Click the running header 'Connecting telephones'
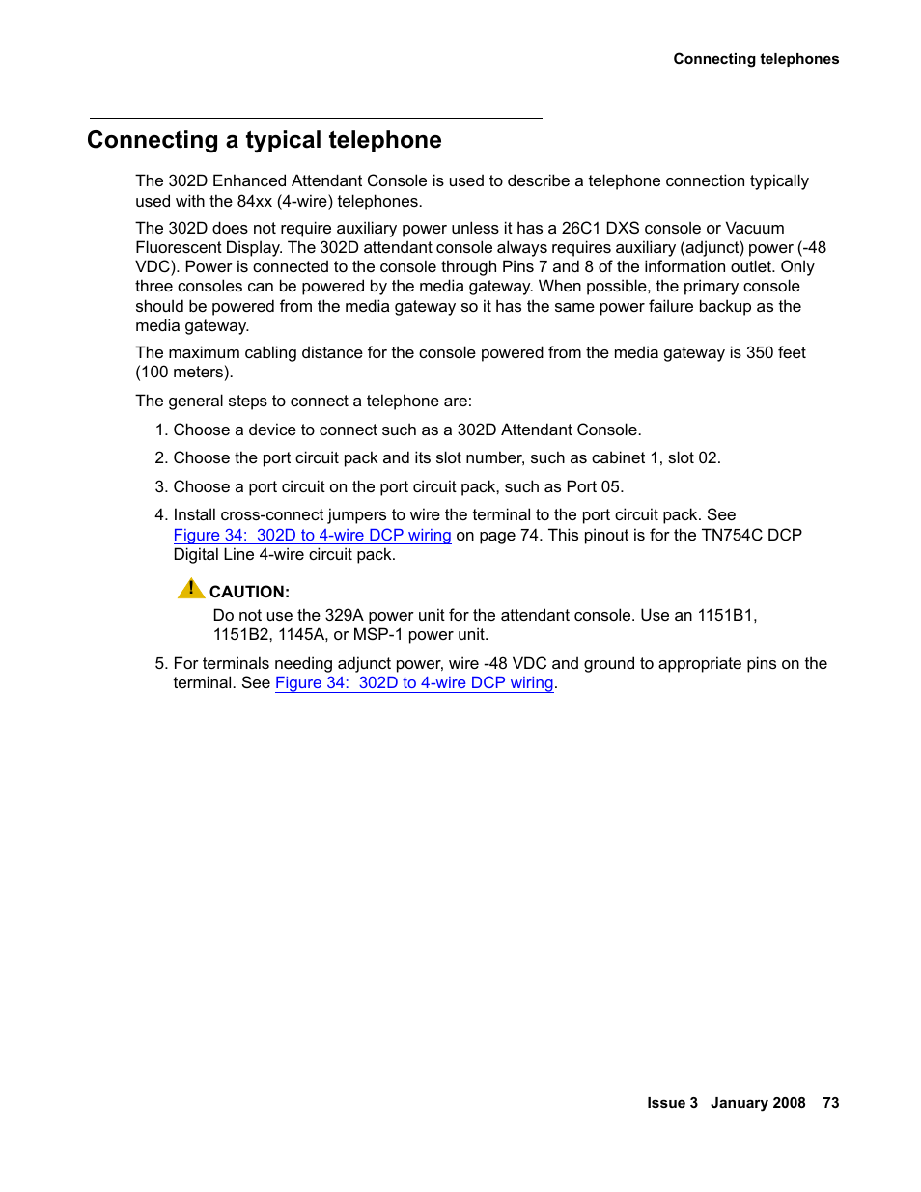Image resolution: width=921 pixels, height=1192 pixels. [x=756, y=59]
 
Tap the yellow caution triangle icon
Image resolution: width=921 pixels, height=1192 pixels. [x=191, y=589]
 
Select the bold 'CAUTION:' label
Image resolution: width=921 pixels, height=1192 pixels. [x=249, y=592]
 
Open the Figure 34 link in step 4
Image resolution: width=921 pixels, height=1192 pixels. [x=312, y=535]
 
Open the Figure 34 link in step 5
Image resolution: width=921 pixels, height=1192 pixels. [x=414, y=682]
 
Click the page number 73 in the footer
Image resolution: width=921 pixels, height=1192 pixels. [x=830, y=1103]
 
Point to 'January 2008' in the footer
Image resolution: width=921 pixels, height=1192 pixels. [x=758, y=1103]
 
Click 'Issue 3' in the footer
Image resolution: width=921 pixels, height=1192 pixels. [x=672, y=1103]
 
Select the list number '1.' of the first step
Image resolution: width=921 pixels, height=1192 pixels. [x=161, y=430]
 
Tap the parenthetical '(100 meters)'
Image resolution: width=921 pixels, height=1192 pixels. [x=183, y=373]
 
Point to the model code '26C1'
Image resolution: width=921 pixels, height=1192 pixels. [x=581, y=228]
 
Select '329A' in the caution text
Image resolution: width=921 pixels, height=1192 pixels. [x=344, y=615]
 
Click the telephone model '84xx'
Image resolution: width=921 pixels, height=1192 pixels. [x=255, y=201]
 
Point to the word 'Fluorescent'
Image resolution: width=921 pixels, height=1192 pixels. [x=178, y=247]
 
